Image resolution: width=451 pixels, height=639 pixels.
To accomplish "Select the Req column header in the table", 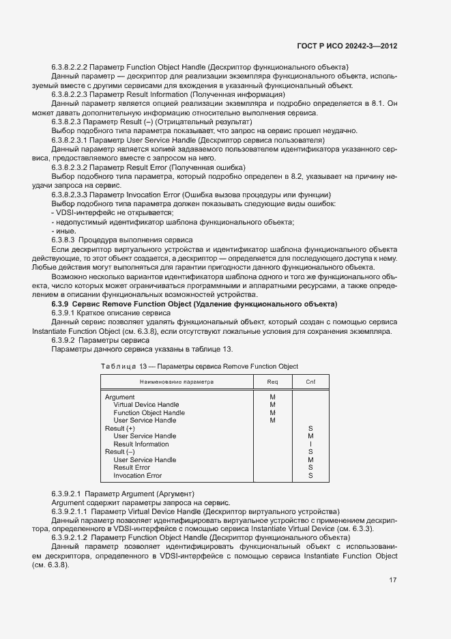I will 272,382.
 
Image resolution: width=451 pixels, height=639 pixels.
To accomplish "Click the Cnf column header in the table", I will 310,382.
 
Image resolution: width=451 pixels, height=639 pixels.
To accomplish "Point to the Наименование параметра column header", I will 177,382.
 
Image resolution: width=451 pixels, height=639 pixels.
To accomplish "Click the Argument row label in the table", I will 119,397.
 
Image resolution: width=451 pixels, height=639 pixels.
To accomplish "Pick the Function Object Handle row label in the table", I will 149,413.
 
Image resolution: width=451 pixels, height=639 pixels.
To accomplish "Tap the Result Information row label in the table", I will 141,444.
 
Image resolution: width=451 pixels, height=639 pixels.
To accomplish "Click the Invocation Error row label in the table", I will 137,475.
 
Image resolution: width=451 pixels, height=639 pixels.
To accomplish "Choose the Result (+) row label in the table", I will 119,428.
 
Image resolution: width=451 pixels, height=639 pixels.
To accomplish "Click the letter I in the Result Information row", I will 310,444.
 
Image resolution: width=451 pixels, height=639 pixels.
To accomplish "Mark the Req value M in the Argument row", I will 272,397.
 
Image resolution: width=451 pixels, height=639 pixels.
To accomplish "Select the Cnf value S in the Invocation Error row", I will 310,475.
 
